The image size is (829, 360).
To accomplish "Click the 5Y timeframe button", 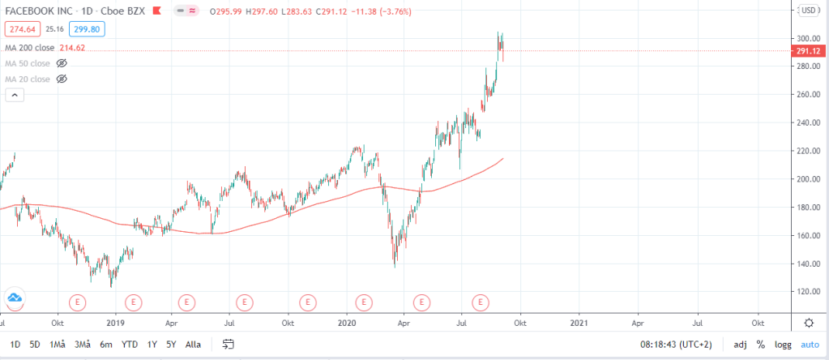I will pyautogui.click(x=171, y=344).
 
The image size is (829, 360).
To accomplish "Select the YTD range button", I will pyautogui.click(x=130, y=344).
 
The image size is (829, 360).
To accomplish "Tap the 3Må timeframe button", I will pyautogui.click(x=81, y=344).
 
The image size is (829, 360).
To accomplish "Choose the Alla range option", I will pyautogui.click(x=193, y=344).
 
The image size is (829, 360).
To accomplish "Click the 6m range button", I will pyautogui.click(x=106, y=344).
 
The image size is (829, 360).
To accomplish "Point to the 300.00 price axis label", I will pyautogui.click(x=805, y=39).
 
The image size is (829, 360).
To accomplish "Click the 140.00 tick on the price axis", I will pyautogui.click(x=805, y=264).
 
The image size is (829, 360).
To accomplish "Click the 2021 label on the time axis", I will pyautogui.click(x=579, y=322).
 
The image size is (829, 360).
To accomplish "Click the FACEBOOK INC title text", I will pyautogui.click(x=38, y=11).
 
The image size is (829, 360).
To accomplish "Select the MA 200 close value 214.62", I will pyautogui.click(x=72, y=48).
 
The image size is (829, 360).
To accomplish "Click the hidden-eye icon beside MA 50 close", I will pyautogui.click(x=62, y=63).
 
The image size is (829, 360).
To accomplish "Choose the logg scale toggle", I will pyautogui.click(x=783, y=344).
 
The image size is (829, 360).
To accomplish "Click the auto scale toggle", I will pyautogui.click(x=810, y=344).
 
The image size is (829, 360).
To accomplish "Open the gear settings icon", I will pyautogui.click(x=808, y=323).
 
